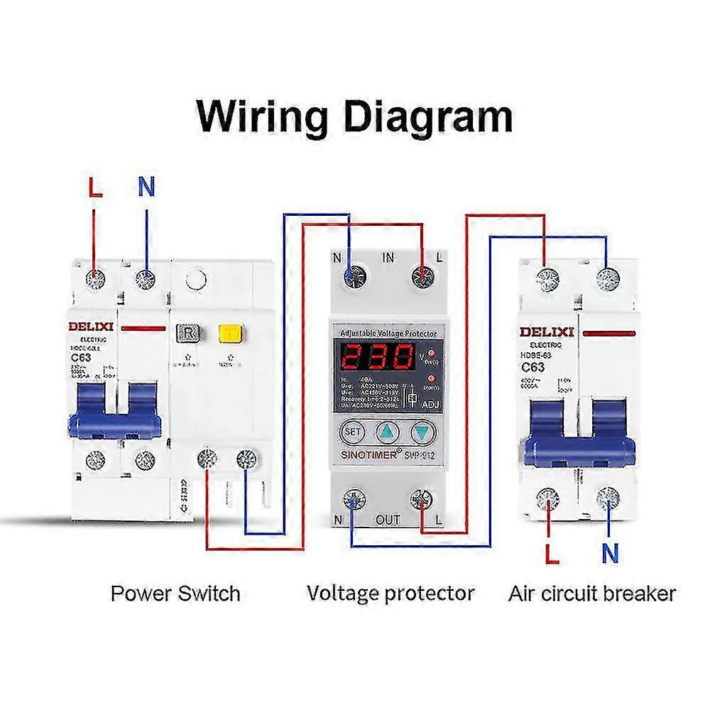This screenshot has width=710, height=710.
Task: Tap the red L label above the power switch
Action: (94, 189)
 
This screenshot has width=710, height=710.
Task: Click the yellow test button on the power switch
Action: (229, 334)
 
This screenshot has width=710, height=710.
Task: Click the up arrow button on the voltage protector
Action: (388, 431)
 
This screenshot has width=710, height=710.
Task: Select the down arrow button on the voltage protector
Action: (423, 431)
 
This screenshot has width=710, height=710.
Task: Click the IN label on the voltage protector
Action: (388, 258)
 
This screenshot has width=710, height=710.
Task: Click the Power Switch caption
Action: (175, 593)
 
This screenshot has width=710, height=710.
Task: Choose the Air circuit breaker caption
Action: (592, 593)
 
